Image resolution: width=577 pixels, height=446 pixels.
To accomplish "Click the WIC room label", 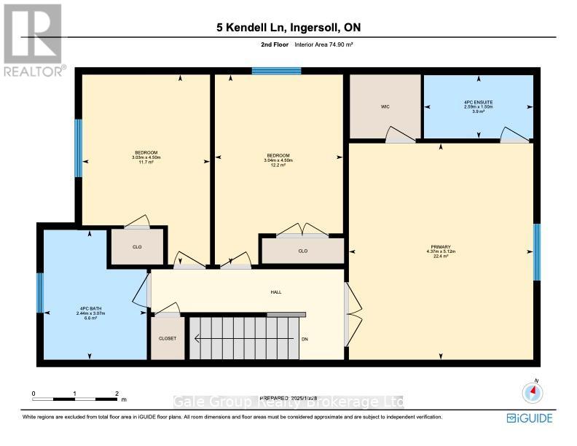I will coord(385,106).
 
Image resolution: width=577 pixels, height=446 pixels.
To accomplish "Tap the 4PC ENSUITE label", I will coord(479,102).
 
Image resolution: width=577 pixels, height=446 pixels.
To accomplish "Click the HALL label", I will coord(276,292).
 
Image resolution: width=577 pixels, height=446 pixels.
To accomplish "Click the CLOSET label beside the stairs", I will coord(168,339).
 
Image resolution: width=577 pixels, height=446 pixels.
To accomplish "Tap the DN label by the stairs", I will coord(305,339).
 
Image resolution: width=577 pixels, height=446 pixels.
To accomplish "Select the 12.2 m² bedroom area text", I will coord(278,165).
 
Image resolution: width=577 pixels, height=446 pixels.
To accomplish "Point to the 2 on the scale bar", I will coord(117,394).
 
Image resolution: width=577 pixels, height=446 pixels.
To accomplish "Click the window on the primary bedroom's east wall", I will coord(537,252).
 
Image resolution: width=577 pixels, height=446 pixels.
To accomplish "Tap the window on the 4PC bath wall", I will coord(40,292).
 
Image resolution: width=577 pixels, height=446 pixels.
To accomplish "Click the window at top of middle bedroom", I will coord(276,71).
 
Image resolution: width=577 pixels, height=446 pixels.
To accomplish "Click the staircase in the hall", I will coord(240,337).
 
